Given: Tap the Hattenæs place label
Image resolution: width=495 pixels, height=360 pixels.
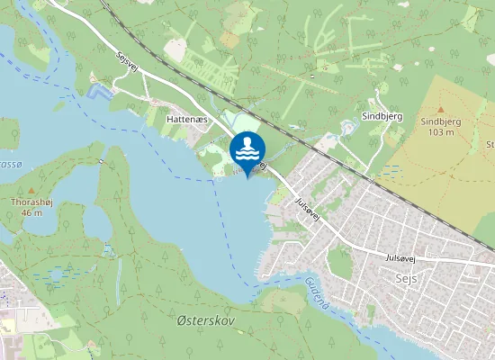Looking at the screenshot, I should click(x=186, y=118).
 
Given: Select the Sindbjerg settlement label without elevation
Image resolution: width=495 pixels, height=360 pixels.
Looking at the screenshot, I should click(x=381, y=116).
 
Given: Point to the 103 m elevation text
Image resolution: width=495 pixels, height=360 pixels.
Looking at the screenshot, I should click(x=441, y=131).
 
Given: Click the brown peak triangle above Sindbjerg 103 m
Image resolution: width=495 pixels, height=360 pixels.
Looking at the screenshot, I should click(x=441, y=109).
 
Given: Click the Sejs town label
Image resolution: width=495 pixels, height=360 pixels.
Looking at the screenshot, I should click(x=407, y=279).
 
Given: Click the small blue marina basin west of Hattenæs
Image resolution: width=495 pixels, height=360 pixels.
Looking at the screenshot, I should click(x=100, y=92).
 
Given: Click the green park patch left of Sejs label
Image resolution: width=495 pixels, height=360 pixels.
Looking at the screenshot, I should click(x=339, y=261).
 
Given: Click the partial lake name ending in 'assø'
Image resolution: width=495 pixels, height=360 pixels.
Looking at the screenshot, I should click(x=9, y=166).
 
